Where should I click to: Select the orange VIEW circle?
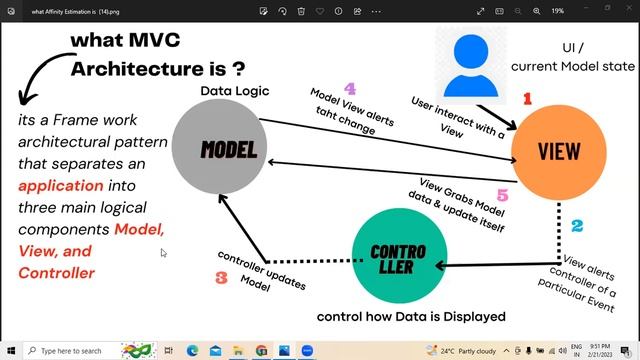coord(559,152)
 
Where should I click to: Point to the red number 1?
coord(527,98)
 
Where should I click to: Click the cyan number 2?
coord(577,227)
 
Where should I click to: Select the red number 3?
coord(222,278)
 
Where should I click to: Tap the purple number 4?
coord(349,89)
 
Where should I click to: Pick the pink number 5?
coord(502,195)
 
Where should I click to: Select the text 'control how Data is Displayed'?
coord(411,317)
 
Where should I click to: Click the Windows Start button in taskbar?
coord(10,351)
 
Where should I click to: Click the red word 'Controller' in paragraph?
coord(56,273)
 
